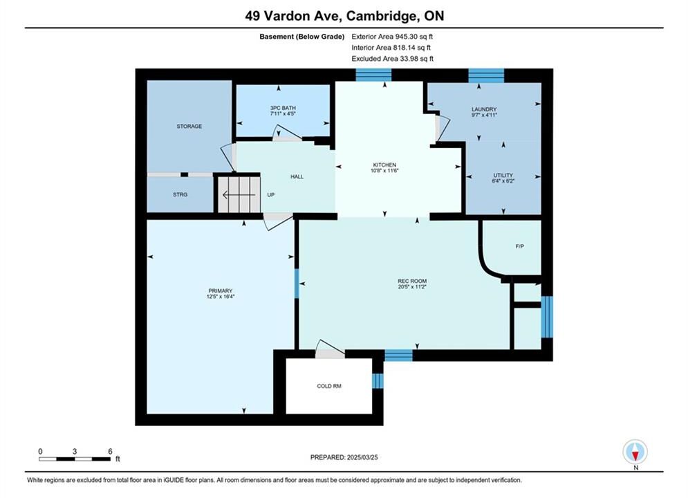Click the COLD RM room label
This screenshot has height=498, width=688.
pyautogui.click(x=329, y=386)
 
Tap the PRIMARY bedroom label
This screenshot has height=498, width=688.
pyautogui.click(x=221, y=290)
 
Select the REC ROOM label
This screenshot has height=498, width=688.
pyautogui.click(x=412, y=281)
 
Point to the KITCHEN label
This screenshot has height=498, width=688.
pyautogui.click(x=384, y=165)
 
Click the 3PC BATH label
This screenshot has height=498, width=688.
pyautogui.click(x=283, y=108)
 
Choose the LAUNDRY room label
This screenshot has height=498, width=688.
pyautogui.click(x=484, y=109)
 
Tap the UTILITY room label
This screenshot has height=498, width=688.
pyautogui.click(x=503, y=175)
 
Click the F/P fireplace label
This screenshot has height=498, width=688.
pyautogui.click(x=519, y=247)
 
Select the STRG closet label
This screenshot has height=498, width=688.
pyautogui.click(x=180, y=194)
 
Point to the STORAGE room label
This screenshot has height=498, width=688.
pyautogui.click(x=189, y=127)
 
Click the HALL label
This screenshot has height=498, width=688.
pyautogui.click(x=297, y=177)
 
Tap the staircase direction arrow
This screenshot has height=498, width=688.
pyautogui.click(x=239, y=195)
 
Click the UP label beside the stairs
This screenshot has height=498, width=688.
pyautogui.click(x=271, y=195)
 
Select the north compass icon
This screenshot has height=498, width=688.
pyautogui.click(x=635, y=452)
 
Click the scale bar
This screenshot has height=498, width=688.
pyautogui.click(x=75, y=459)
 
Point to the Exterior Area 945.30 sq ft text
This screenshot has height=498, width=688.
pyautogui.click(x=392, y=37)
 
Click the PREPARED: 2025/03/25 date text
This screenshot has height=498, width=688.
pyautogui.click(x=344, y=457)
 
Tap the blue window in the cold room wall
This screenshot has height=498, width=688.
pyautogui.click(x=378, y=381)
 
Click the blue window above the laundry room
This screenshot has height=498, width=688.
pyautogui.click(x=486, y=75)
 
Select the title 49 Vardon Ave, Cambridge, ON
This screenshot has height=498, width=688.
pyautogui.click(x=344, y=16)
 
